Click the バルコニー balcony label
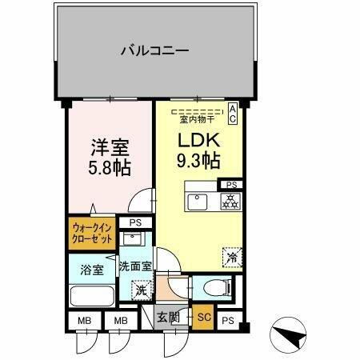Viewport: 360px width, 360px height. [154, 50]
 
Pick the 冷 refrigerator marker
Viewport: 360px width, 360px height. [230, 258]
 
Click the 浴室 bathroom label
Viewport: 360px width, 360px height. [91, 270]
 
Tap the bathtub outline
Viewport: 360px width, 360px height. [93, 295]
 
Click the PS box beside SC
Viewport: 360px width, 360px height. [227, 320]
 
